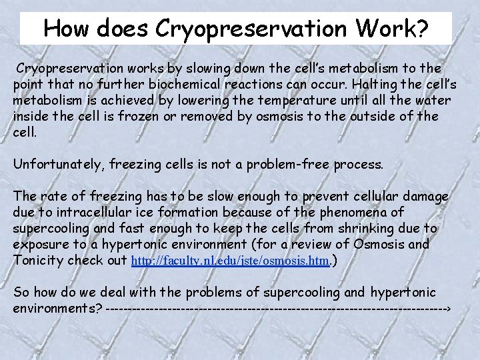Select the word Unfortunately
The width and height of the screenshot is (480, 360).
(57, 163)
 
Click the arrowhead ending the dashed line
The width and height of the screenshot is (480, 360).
(449, 309)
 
